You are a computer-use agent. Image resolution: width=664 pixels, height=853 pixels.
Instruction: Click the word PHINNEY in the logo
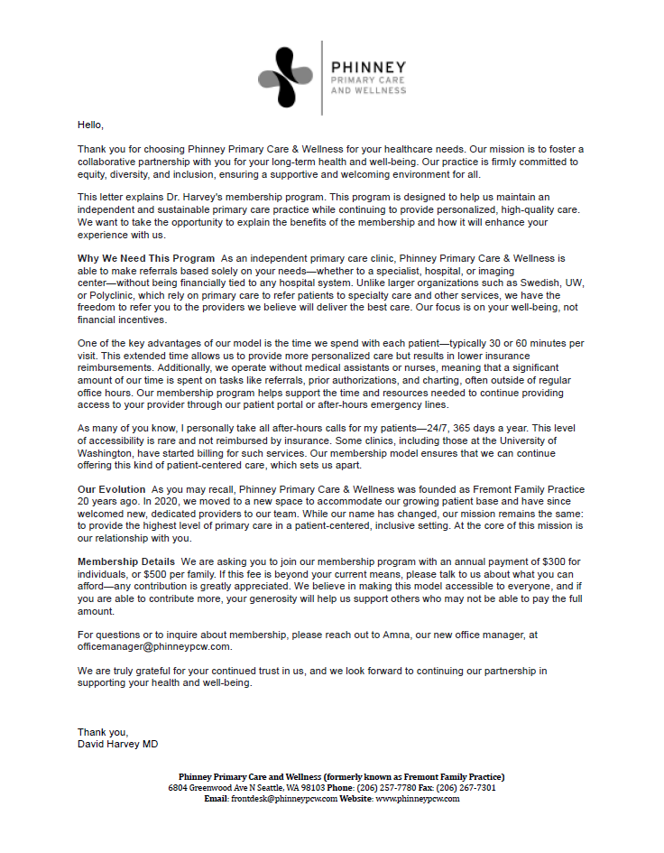[368, 67]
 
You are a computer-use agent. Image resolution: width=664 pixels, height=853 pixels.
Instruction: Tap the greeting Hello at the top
[90, 125]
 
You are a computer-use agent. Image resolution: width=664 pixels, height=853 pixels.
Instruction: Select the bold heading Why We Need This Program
[146, 259]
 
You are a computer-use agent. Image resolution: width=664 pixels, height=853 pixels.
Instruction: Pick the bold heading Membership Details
[126, 562]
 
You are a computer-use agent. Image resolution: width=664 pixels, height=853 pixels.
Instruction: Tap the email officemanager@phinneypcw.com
[155, 646]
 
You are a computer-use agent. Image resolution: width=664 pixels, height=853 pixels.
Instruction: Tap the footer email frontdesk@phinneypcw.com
[283, 798]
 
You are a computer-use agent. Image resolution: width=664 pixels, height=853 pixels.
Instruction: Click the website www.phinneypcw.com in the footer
[417, 798]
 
